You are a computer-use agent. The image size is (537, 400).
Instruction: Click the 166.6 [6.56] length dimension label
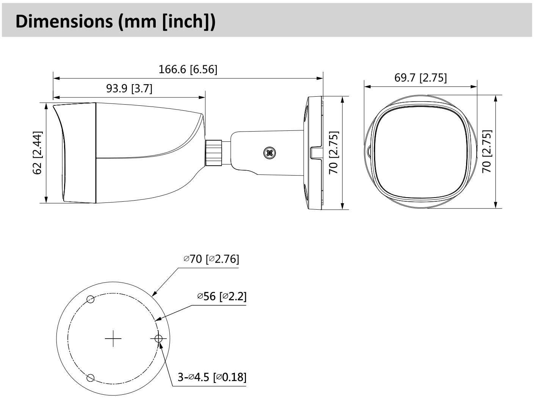click(x=188, y=69)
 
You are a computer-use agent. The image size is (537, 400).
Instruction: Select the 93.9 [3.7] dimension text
click(x=129, y=89)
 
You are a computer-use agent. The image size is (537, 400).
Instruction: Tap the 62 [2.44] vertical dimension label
click(x=38, y=153)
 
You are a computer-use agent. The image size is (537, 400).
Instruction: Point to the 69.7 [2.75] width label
click(x=420, y=78)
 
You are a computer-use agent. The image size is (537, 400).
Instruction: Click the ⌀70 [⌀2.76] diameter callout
click(x=211, y=259)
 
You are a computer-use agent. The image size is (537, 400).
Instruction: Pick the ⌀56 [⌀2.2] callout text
click(x=222, y=296)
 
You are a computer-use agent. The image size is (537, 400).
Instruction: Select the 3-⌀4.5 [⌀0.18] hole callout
click(x=212, y=377)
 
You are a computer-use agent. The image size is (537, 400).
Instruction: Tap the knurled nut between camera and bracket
click(x=214, y=153)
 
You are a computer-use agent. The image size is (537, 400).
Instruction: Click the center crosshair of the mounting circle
click(x=113, y=339)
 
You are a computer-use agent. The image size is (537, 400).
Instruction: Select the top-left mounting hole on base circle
click(x=90, y=299)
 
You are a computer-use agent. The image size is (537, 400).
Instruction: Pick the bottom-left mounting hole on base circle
click(x=90, y=378)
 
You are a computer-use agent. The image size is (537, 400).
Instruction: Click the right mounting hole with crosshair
click(x=158, y=338)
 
